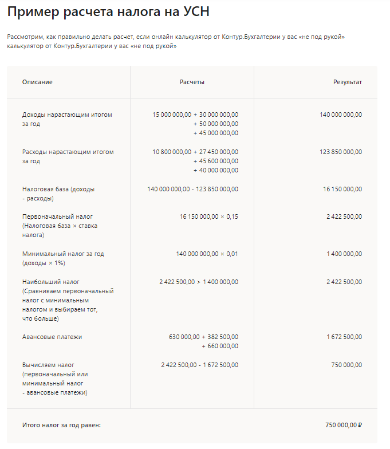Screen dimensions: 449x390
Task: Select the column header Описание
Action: pos(37,82)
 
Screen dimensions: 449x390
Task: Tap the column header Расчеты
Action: pos(192,82)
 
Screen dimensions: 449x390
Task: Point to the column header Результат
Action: pos(348,82)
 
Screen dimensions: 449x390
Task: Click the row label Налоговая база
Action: pos(58,189)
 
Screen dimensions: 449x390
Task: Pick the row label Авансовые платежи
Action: pos(52,337)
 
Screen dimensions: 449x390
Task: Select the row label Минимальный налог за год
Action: pos(63,254)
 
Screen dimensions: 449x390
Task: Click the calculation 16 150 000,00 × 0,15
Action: pos(208,216)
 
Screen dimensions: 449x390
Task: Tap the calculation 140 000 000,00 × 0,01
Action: pos(207,254)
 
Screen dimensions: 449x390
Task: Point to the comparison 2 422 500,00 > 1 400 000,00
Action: pos(199,282)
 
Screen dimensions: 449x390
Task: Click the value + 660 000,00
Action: pos(220,346)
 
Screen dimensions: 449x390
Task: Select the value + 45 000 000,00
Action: pos(216,133)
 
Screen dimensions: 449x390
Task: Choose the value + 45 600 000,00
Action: pos(216,161)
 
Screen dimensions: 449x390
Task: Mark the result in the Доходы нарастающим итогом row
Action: pos(341,115)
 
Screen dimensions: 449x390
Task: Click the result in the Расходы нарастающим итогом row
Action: pos(341,152)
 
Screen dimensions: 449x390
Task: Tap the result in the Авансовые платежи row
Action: pos(344,337)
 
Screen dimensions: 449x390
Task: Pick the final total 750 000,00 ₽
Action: pos(344,425)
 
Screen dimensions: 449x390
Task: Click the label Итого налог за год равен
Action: pos(61,425)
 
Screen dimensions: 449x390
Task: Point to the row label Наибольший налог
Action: pos(51,282)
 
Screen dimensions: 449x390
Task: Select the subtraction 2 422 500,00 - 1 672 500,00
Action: pos(200,365)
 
